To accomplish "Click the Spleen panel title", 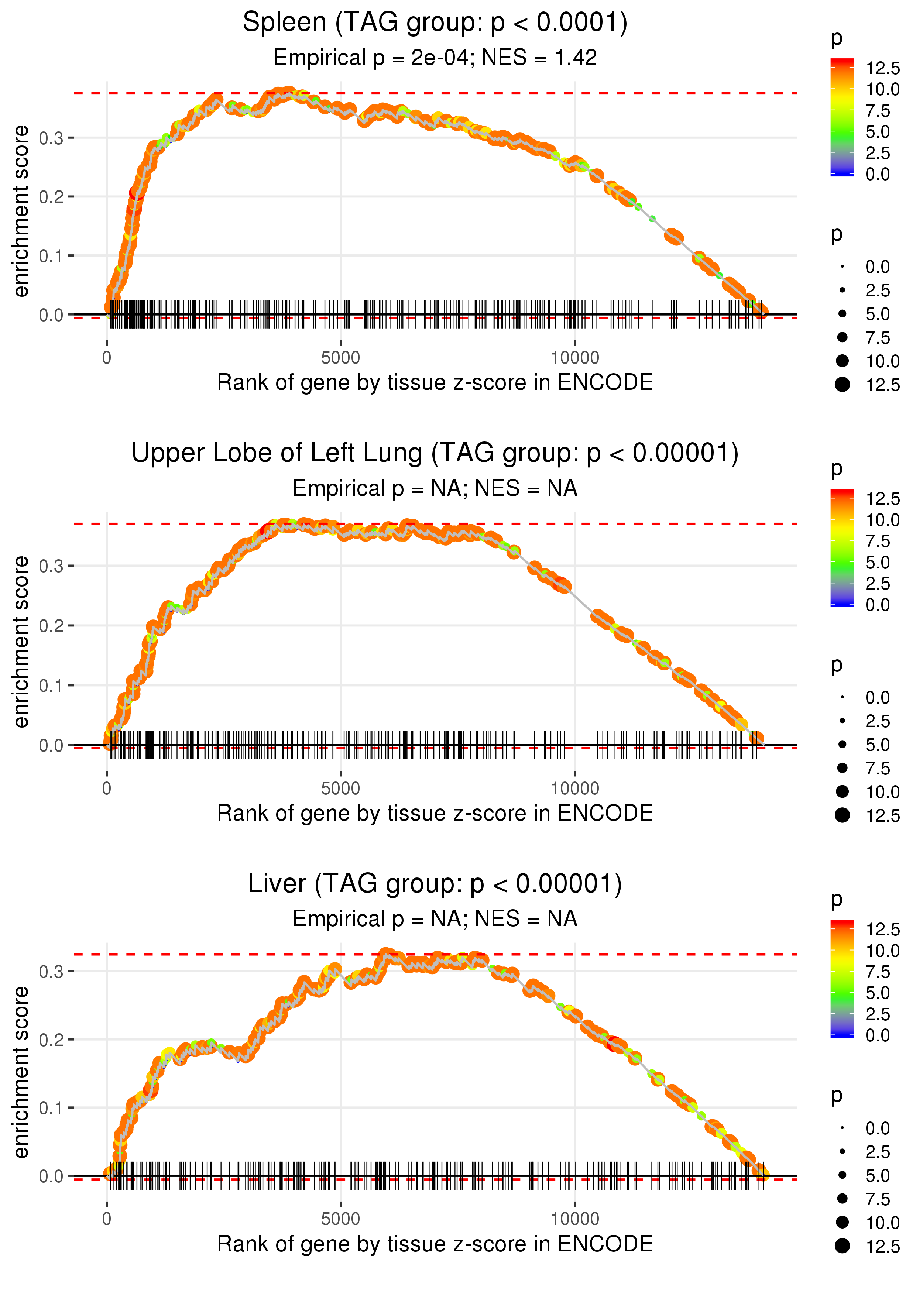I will (435, 23).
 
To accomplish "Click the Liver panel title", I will (435, 884).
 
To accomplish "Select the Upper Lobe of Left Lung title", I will (435, 453).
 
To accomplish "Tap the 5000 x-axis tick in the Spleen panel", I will (340, 358).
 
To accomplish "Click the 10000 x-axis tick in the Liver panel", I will (574, 1219).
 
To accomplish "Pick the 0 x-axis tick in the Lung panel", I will (107, 788).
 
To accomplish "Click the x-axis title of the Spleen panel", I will (435, 383).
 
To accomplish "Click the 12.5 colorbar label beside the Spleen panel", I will (883, 69).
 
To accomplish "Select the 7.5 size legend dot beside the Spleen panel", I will (842, 337).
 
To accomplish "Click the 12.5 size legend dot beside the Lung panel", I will (842, 815).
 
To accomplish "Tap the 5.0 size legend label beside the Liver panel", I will (878, 1175).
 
